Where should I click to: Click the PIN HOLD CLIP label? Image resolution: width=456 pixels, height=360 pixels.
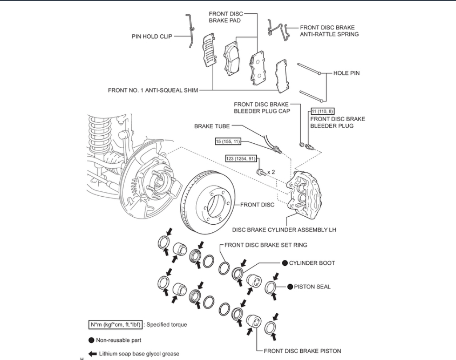click(x=152, y=36)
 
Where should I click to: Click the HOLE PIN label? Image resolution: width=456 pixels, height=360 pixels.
click(x=347, y=73)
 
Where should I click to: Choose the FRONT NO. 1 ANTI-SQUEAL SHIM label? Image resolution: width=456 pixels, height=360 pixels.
click(x=153, y=90)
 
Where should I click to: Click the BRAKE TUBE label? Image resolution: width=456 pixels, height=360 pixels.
click(x=212, y=126)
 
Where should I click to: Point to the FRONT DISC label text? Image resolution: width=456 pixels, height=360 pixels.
click(x=257, y=205)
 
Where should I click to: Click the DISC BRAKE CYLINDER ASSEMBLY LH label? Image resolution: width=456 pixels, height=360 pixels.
click(x=284, y=230)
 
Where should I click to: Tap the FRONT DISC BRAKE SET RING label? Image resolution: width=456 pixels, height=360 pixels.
click(x=266, y=245)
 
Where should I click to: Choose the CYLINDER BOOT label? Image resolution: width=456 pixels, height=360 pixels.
click(x=312, y=263)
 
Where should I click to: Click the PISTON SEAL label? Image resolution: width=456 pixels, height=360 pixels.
click(x=312, y=287)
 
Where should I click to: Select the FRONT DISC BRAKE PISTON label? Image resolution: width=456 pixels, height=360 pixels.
click(x=302, y=351)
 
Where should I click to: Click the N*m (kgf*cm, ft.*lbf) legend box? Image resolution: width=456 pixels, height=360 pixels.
click(x=115, y=325)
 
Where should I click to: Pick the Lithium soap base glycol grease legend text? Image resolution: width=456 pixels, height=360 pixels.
click(x=139, y=354)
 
